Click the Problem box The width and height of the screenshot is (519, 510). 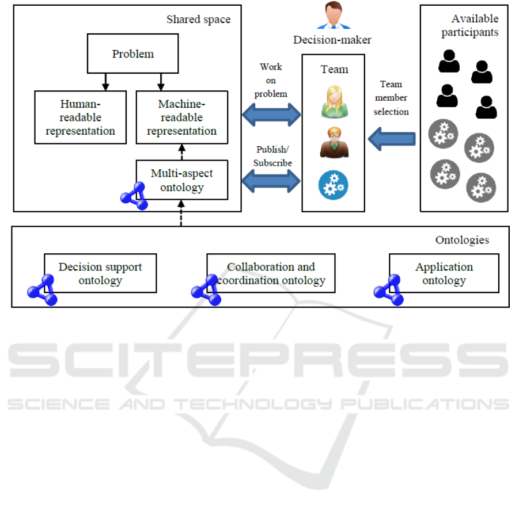133,54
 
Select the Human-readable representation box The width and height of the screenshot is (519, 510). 79,117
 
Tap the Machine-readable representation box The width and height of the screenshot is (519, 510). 181,117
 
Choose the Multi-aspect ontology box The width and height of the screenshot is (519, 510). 181,180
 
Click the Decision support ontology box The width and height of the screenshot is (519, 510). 100,273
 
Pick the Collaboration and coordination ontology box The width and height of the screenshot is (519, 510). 271,273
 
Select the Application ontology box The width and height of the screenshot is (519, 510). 444,273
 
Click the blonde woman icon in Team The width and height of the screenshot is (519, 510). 334,101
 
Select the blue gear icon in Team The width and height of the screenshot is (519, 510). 334,184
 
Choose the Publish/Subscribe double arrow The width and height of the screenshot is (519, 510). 271,180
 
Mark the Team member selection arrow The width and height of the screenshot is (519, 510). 392,139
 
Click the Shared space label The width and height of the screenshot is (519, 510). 198,20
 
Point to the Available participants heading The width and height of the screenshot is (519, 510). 470,26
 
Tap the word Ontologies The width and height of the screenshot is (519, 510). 462,240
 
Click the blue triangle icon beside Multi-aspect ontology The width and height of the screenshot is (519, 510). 134,197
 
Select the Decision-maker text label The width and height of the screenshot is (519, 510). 332,40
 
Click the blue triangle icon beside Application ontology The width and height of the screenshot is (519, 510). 389,290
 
